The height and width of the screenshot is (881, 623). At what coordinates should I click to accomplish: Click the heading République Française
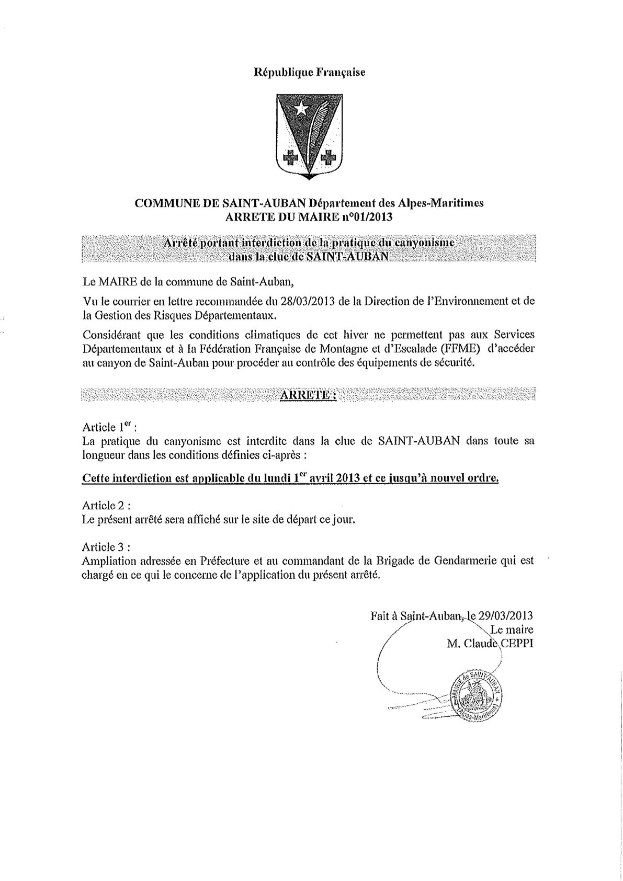[309, 73]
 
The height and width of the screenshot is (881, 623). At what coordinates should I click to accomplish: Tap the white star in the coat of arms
[301, 108]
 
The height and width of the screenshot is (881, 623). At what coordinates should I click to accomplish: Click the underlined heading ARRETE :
[308, 395]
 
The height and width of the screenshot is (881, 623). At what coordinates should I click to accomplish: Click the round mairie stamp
[475, 694]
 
